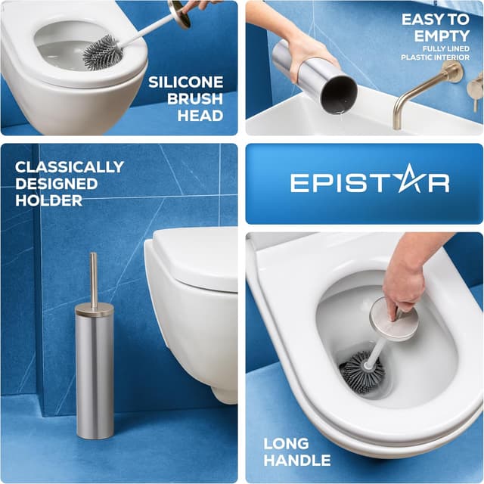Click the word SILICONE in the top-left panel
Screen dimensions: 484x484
click(185, 82)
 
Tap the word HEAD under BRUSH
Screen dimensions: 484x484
click(200, 116)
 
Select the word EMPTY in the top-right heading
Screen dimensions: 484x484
click(440, 36)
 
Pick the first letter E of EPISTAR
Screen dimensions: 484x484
click(300, 183)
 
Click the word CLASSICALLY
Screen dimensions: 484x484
click(69, 166)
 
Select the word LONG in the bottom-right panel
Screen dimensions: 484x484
click(286, 443)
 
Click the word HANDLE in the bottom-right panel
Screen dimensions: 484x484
click(296, 460)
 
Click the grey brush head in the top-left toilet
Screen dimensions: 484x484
click(101, 53)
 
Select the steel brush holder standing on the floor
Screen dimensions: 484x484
click(95, 371)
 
